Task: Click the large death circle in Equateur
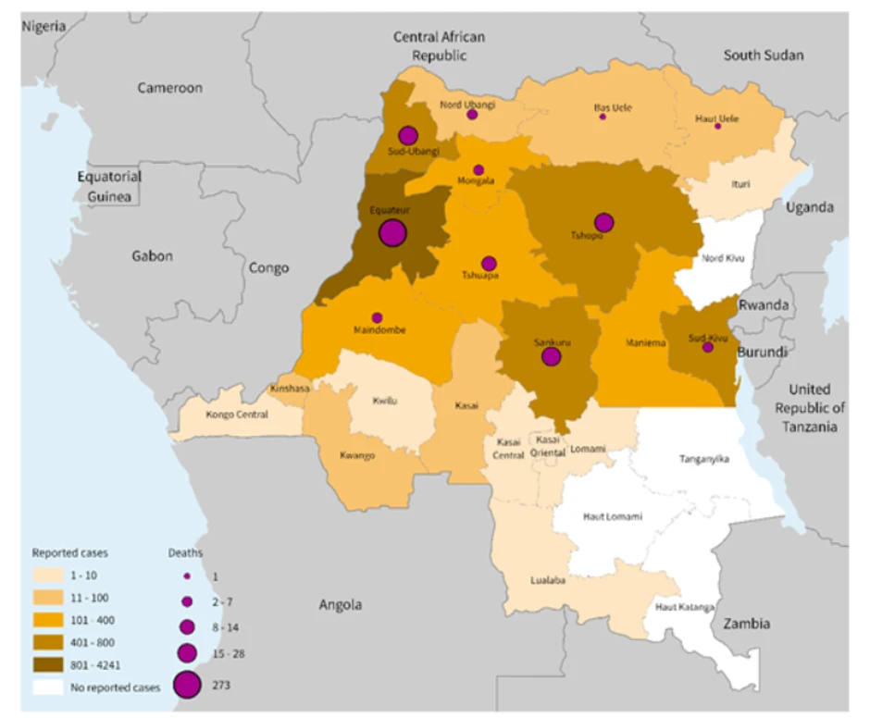point(392,232)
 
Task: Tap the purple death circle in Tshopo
point(604,222)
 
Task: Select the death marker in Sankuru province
point(551,356)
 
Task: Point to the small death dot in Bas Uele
point(603,117)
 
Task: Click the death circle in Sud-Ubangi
point(408,135)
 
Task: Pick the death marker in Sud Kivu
point(708,347)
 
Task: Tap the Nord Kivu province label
point(725,258)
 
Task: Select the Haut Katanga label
point(684,607)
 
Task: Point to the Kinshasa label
point(290,389)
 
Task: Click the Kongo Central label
point(237,415)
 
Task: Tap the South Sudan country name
point(763,56)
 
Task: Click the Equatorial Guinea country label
point(109,186)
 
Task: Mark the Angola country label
point(340,605)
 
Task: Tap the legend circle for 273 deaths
point(188,685)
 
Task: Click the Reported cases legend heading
point(70,552)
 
